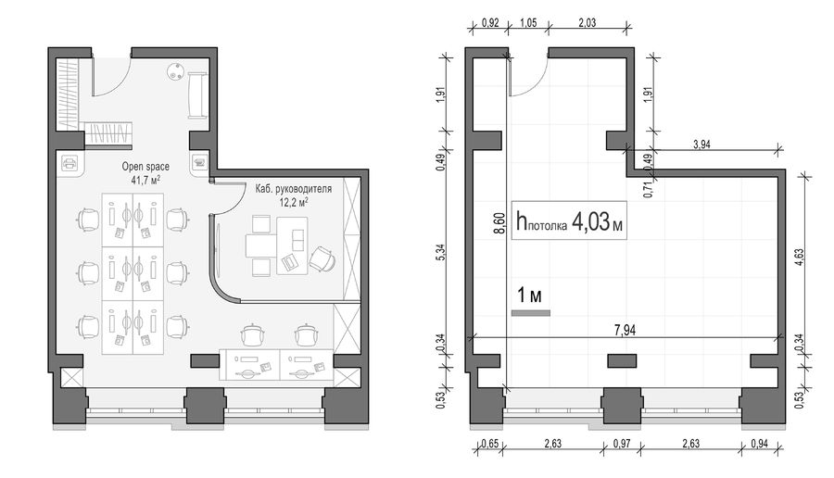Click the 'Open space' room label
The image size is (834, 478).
(145, 167)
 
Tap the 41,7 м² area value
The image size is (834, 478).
(145, 180)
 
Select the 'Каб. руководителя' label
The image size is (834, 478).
(293, 189)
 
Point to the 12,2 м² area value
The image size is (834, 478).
(294, 202)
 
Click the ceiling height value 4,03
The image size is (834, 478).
(590, 221)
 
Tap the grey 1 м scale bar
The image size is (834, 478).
(531, 313)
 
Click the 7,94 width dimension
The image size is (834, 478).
(625, 330)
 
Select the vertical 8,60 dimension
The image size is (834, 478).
(499, 223)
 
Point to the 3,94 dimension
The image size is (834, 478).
(701, 145)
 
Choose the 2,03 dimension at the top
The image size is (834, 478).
(587, 23)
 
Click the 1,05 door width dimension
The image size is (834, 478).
(528, 23)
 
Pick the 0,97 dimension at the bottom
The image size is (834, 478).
(622, 443)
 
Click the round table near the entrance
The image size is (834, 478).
(175, 71)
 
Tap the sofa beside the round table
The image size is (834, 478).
(197, 95)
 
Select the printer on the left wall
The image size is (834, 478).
(69, 163)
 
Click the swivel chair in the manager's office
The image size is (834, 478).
(322, 259)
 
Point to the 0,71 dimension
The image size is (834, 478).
(648, 189)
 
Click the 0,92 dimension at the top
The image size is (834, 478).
(490, 23)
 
